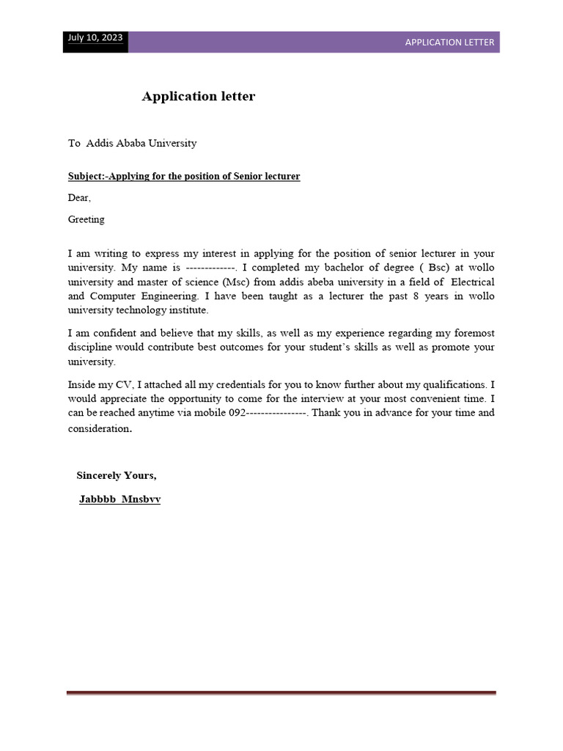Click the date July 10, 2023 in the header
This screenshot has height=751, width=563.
click(x=95, y=38)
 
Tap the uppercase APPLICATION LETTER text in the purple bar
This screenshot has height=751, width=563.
click(x=449, y=43)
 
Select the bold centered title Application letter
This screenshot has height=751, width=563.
click(x=199, y=96)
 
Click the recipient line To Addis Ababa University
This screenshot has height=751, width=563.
click(x=133, y=143)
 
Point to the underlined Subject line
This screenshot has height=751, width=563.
click(x=184, y=177)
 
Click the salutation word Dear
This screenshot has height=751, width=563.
click(x=79, y=198)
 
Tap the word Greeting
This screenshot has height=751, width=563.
click(x=87, y=219)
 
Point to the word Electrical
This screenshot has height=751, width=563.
click(x=472, y=282)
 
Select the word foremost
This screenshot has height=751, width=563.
click(x=472, y=333)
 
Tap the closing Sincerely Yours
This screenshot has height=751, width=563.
click(x=117, y=475)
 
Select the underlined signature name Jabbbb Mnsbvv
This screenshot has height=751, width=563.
click(x=120, y=499)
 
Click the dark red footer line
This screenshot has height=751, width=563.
click(x=281, y=692)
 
